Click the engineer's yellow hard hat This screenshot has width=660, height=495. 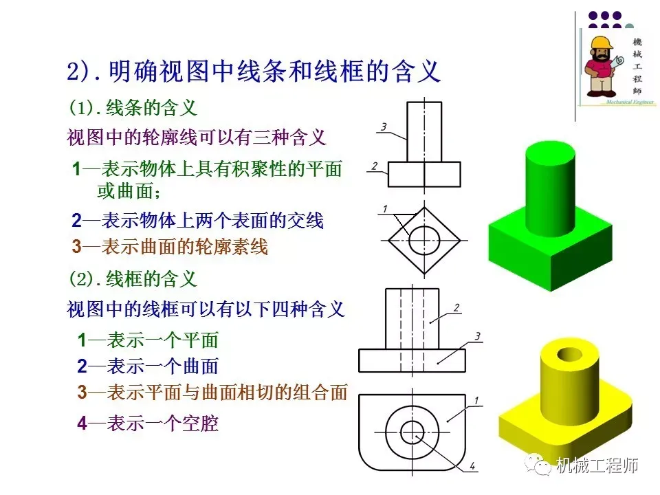(x=600, y=43)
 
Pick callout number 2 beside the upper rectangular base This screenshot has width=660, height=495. (x=374, y=165)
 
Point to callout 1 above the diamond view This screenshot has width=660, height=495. (x=385, y=208)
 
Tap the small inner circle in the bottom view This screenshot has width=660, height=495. (x=412, y=432)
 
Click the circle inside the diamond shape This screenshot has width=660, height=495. (x=424, y=241)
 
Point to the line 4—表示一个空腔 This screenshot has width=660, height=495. (x=147, y=423)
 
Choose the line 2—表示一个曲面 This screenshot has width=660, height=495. (x=147, y=366)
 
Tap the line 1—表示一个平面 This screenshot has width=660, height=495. (x=147, y=340)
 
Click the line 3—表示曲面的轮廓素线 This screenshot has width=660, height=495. (x=169, y=246)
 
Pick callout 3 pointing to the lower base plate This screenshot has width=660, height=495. (x=477, y=335)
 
